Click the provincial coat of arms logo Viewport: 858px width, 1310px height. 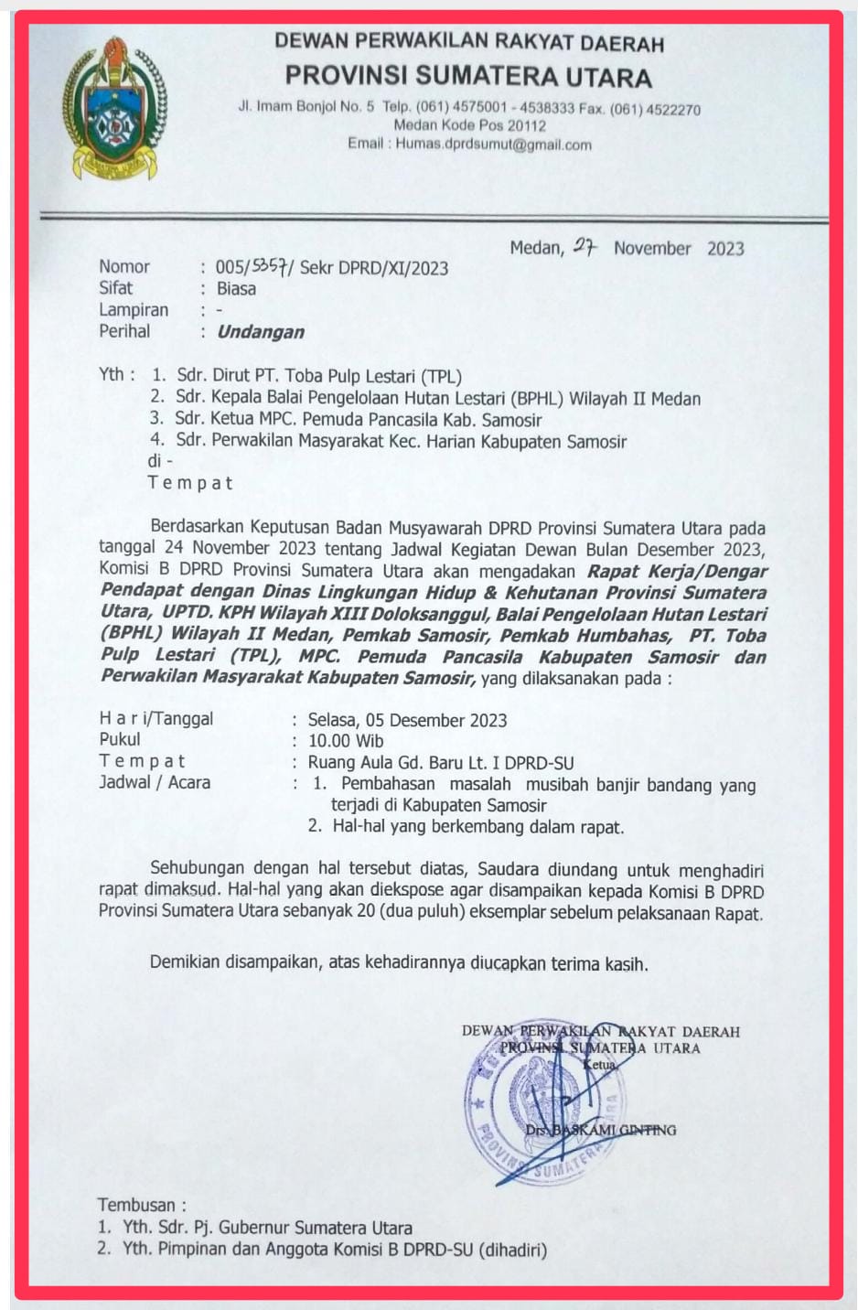(x=113, y=109)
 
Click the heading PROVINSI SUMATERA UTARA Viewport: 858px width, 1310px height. (x=468, y=76)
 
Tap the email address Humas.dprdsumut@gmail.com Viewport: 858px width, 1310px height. (x=493, y=145)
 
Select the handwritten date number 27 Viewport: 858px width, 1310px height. (x=585, y=246)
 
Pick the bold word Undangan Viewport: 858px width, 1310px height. (x=261, y=332)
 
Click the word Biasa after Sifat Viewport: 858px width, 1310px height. (x=236, y=289)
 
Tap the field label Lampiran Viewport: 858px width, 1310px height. (x=134, y=310)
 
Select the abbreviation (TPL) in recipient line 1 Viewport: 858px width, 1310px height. (x=441, y=376)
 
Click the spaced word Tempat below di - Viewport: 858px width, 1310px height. (x=190, y=483)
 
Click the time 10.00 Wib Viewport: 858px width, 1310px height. (x=346, y=741)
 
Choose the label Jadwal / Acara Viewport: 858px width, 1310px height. (x=155, y=783)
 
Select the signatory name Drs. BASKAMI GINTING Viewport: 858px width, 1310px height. (x=600, y=1131)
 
